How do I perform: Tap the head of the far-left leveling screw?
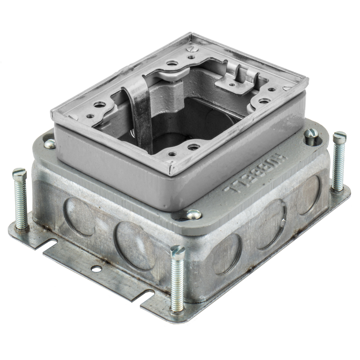(x=19, y=173)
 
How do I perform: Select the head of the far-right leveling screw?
(x=340, y=136)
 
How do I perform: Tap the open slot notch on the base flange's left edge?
(x=54, y=240)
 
